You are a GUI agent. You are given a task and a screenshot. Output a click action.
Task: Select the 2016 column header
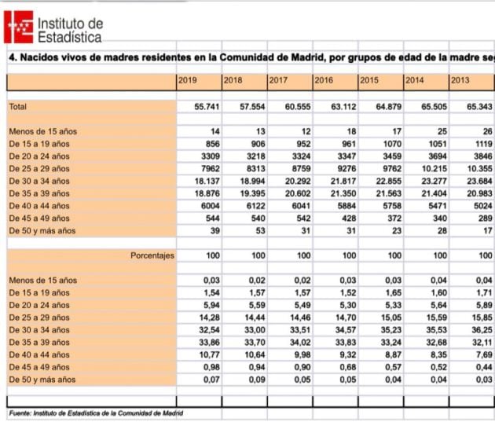pos(324,80)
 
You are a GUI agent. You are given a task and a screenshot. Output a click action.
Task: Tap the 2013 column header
pos(460,80)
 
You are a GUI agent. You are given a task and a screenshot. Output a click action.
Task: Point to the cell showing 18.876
pos(206,193)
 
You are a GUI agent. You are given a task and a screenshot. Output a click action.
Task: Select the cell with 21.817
pos(343,180)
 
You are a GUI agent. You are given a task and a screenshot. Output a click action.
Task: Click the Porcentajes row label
pos(152,255)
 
